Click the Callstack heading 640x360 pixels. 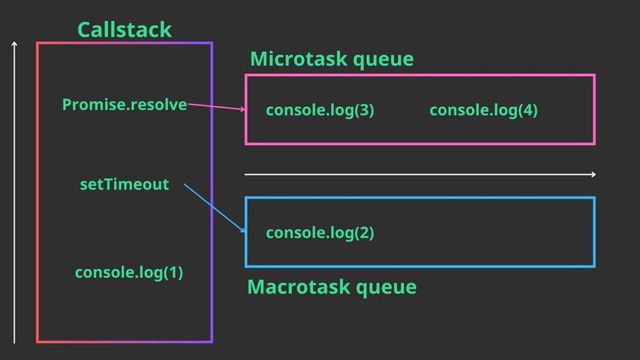point(124,29)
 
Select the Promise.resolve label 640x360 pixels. point(124,105)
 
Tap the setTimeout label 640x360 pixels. point(124,185)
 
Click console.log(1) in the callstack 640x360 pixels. point(129,272)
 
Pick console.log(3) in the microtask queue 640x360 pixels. point(320,110)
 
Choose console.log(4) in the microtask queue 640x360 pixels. point(483,110)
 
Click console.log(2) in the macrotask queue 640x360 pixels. point(320,233)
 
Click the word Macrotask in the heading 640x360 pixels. point(299,287)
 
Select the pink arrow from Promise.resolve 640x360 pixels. point(216,106)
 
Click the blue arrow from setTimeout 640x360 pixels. point(214,208)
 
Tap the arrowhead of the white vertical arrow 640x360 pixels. point(14,43)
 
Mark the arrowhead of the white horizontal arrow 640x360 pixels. point(593,175)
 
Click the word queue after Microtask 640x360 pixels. point(383,60)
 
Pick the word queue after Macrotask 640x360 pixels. point(386,288)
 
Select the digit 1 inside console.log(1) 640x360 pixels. point(174,272)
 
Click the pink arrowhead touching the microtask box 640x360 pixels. point(243,109)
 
